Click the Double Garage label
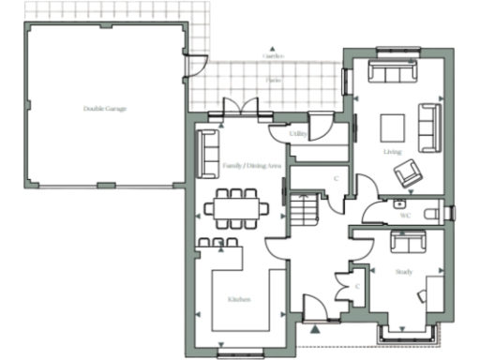(104, 109)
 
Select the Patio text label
(273, 81)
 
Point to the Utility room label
(299, 135)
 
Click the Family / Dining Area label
(251, 166)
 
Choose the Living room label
(392, 150)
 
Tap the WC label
(405, 216)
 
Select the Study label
(403, 272)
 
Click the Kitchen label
(238, 299)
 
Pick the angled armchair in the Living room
(407, 172)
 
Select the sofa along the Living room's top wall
(393, 73)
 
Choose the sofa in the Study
(409, 243)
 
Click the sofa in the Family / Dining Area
(207, 151)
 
